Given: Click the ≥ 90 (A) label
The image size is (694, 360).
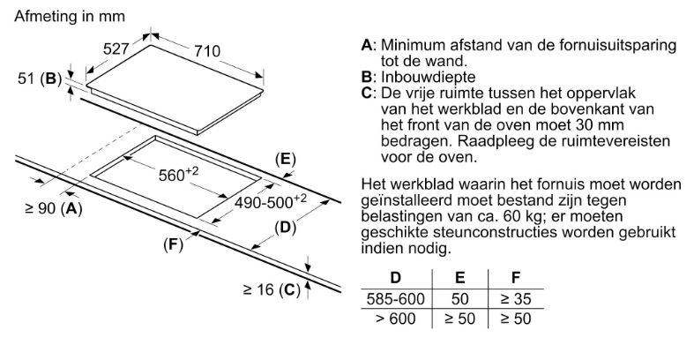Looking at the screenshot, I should point(55,208).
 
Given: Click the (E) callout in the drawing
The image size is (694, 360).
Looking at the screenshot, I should point(283,159).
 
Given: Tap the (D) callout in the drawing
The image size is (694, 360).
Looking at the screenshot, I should point(284,228).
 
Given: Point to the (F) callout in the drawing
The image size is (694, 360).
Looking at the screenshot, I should point(173,244).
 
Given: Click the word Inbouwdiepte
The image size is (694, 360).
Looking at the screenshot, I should point(419,77).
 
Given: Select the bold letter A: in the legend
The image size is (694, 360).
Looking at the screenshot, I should point(369,45).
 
